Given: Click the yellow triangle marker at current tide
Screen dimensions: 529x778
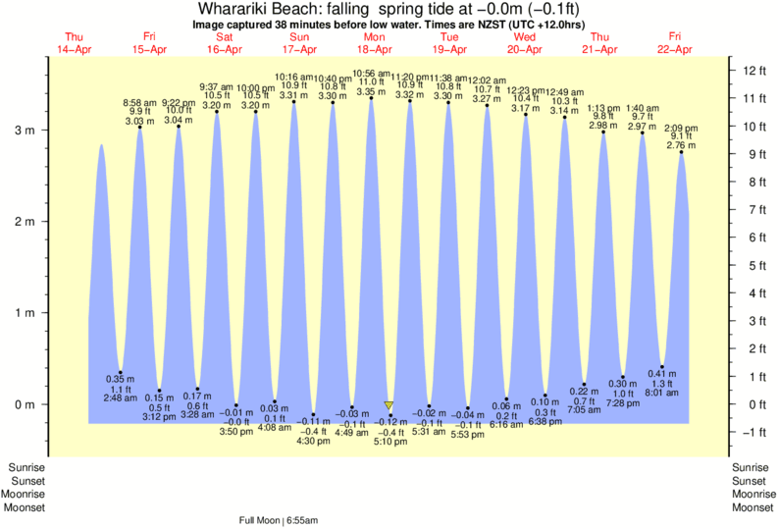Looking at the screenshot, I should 389,405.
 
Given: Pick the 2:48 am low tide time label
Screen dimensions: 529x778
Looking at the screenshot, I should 121,398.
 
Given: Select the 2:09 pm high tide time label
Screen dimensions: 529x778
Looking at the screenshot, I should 681,128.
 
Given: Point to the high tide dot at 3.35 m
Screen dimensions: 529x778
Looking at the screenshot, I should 371,98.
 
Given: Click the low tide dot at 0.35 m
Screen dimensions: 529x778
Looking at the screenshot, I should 121,372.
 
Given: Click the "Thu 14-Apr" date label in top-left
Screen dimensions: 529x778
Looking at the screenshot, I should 74,42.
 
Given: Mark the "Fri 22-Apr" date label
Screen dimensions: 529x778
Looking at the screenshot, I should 675,42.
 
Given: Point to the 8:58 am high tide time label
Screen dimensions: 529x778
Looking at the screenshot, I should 139,103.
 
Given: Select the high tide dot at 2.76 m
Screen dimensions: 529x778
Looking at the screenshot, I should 681,152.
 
